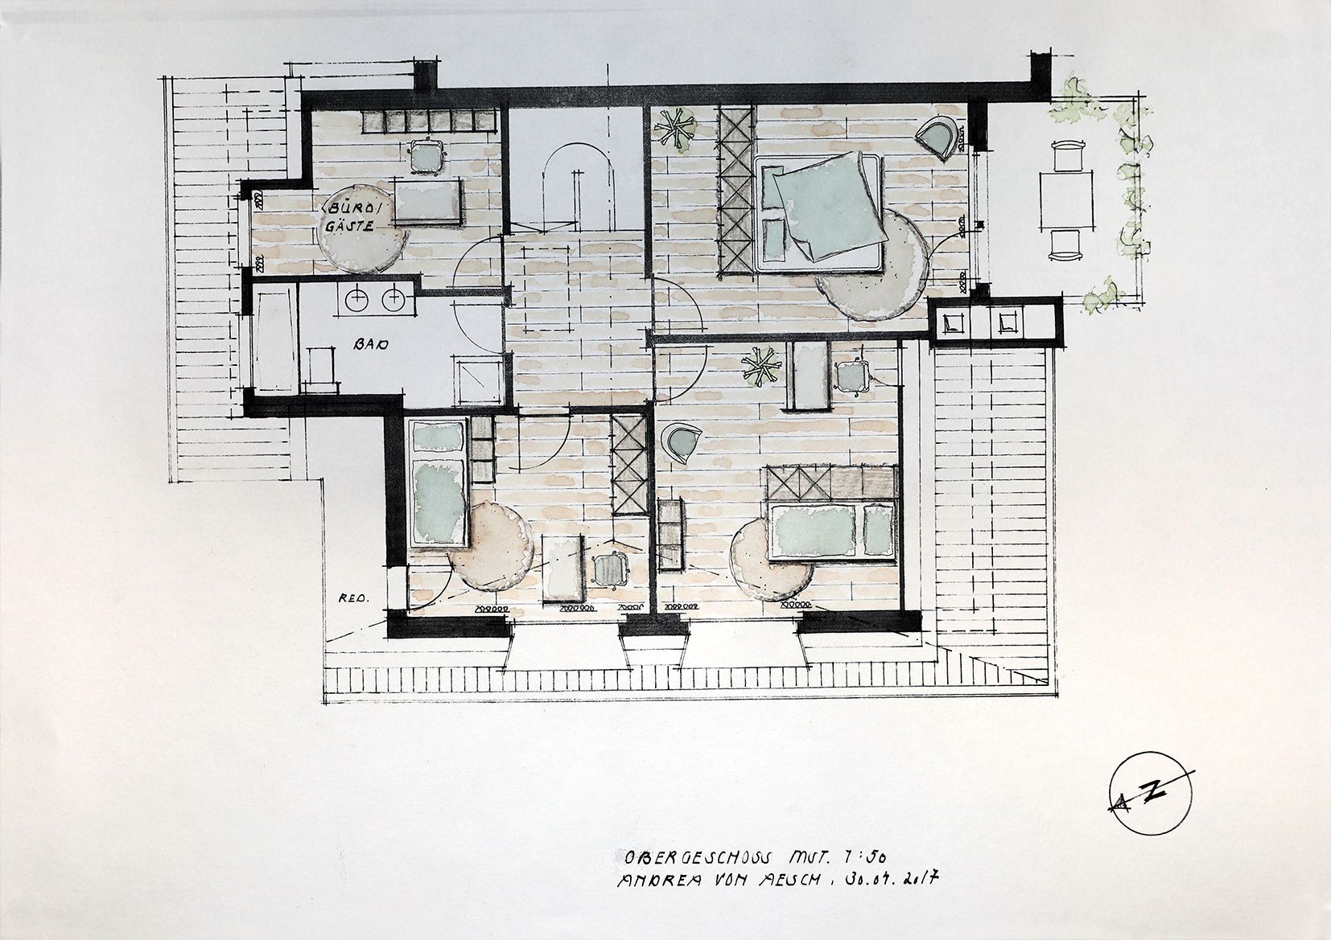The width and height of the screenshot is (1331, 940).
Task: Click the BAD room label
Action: tap(371, 345)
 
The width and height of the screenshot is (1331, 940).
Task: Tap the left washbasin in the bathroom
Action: tap(356, 300)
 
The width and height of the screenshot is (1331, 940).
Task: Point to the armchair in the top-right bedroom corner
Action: tap(940, 134)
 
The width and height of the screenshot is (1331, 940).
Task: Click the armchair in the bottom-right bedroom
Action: tap(681, 441)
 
